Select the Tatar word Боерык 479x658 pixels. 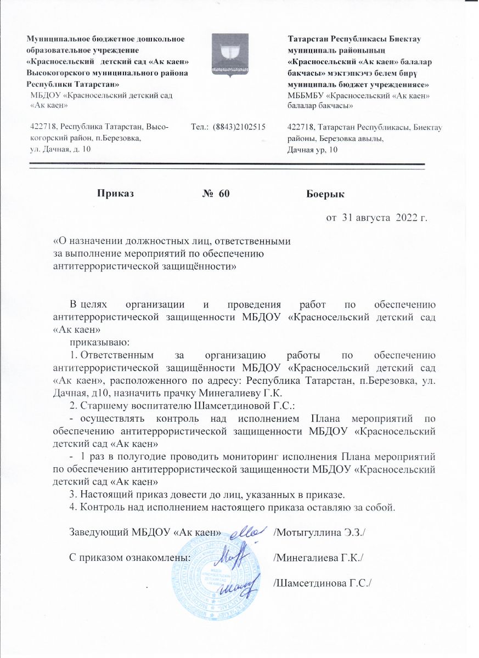coord(324,193)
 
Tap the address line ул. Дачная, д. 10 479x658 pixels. coord(61,149)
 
